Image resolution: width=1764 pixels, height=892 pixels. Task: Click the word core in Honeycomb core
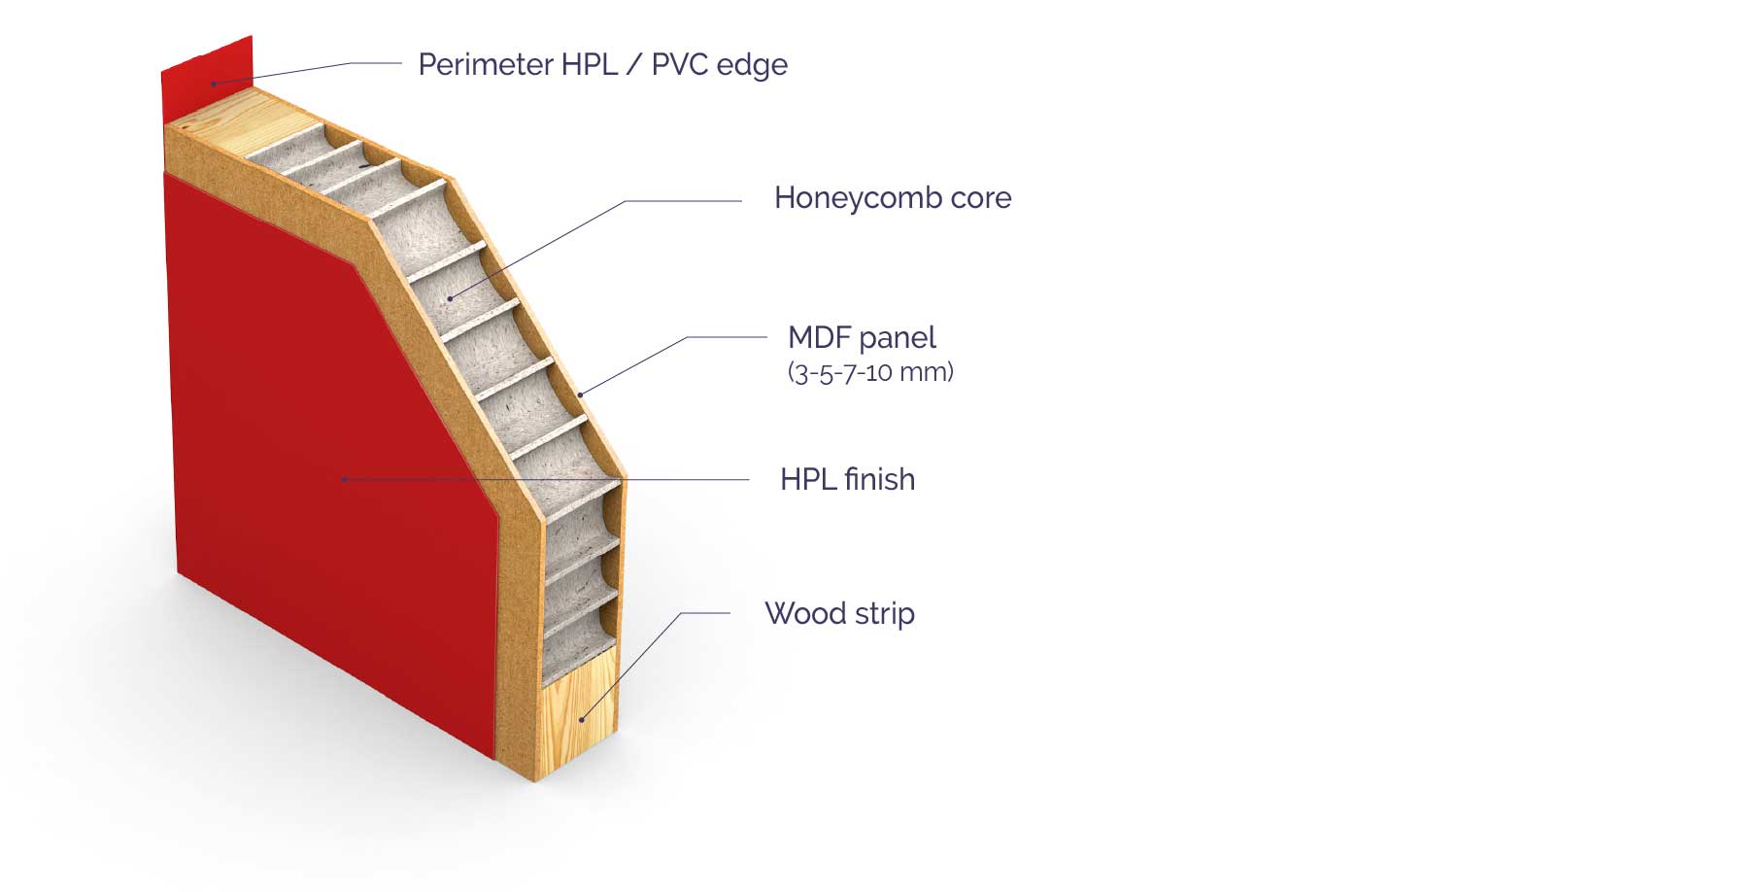[981, 198]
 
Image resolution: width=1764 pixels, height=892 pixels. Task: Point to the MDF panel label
[862, 338]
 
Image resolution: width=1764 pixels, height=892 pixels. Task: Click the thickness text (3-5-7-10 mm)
[870, 372]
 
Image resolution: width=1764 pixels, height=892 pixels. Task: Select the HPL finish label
[847, 480]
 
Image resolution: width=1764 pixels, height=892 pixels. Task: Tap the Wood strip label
[839, 614]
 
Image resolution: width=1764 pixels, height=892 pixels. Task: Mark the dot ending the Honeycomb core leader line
[450, 298]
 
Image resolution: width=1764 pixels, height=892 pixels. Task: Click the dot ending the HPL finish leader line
[344, 478]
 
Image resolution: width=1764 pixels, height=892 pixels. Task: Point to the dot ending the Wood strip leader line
[582, 719]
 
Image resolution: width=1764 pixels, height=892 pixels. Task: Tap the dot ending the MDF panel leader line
[581, 395]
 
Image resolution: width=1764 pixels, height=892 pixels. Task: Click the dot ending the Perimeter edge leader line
[214, 85]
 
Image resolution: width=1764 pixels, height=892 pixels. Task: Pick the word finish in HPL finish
[879, 480]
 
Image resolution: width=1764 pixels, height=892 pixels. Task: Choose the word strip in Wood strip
[884, 614]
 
